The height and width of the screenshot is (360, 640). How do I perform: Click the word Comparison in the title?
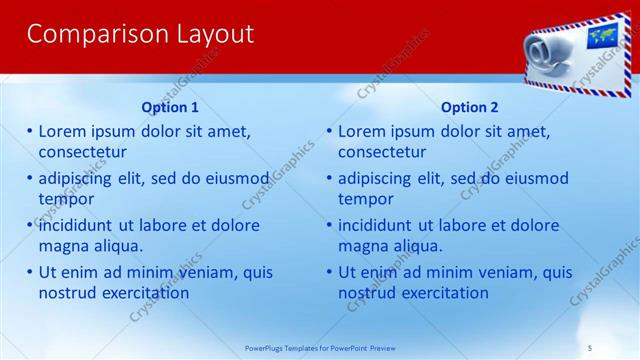(85, 34)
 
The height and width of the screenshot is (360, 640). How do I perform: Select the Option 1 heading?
(170, 107)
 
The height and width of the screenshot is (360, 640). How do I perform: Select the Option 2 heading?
(469, 107)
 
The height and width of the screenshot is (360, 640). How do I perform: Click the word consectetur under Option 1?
(82, 152)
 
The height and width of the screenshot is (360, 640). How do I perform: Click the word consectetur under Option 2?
(382, 152)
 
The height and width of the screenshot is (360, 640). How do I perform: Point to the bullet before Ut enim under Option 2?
(329, 272)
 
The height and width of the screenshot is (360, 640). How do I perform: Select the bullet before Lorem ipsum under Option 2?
(329, 131)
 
